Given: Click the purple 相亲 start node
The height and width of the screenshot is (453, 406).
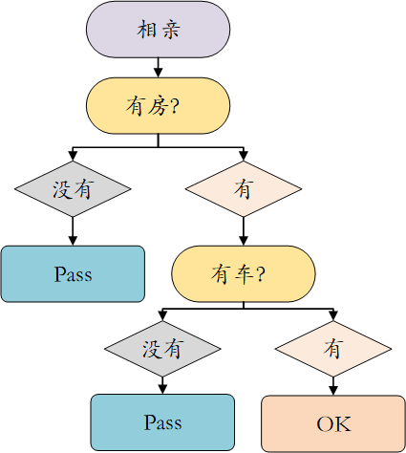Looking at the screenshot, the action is click(x=158, y=30).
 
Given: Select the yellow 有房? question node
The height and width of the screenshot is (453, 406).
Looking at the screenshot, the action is click(x=158, y=106).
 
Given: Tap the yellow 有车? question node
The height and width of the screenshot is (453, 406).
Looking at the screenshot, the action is click(x=244, y=273).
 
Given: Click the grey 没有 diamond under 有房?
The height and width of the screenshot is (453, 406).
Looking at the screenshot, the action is click(x=73, y=189).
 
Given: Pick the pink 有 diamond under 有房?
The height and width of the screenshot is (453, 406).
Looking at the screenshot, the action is click(x=244, y=189).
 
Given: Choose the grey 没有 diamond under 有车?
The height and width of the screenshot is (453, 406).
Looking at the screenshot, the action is click(x=162, y=349).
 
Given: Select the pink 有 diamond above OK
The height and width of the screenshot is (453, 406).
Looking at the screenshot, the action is click(x=333, y=349).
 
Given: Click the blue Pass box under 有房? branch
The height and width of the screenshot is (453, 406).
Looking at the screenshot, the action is click(x=73, y=274).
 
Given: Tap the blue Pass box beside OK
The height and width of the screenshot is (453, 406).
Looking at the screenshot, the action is click(x=162, y=422).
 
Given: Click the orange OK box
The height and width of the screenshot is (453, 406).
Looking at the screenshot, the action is click(x=333, y=423).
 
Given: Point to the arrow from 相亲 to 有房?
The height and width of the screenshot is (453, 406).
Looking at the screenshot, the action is click(x=158, y=68).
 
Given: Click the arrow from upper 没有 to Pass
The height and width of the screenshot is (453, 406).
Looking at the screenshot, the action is click(x=73, y=231).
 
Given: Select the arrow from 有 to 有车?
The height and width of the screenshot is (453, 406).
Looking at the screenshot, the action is click(x=244, y=231).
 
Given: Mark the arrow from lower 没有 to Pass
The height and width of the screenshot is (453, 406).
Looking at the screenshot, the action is click(x=162, y=386).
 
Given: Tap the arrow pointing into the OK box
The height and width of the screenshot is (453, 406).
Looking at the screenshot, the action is click(x=333, y=386).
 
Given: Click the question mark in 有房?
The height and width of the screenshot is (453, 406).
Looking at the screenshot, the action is click(x=175, y=106).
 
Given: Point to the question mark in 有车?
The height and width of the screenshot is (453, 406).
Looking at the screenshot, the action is click(x=260, y=274).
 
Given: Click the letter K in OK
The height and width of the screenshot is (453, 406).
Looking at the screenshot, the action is click(x=343, y=424).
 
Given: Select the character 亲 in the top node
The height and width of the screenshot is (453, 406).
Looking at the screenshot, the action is click(x=171, y=30).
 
